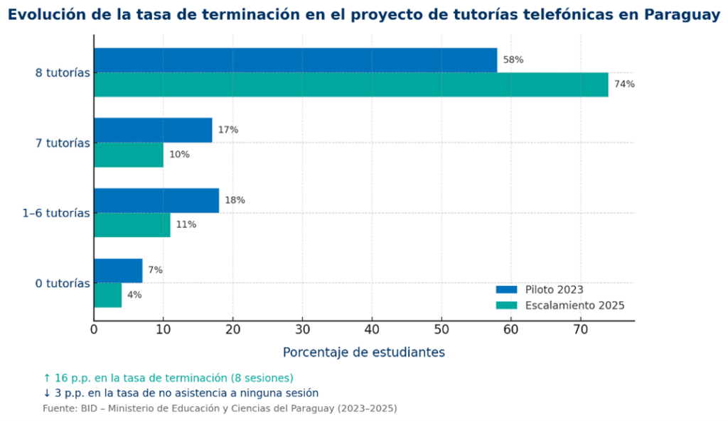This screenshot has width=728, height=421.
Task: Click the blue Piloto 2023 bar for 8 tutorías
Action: [x=295, y=60]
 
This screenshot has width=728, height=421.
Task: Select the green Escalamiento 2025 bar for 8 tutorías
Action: [x=350, y=84]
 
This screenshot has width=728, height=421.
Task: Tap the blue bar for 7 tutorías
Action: [x=153, y=130]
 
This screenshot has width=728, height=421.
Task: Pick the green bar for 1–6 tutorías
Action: [x=132, y=225]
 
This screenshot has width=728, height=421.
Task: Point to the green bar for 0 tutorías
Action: [x=107, y=295]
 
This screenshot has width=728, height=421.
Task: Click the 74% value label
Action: [x=624, y=84]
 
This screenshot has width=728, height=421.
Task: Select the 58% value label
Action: [x=513, y=60]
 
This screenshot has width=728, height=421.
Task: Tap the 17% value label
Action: [x=228, y=130]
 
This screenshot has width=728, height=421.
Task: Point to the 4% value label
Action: [x=134, y=295]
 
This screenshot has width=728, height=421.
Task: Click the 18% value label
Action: [x=235, y=200]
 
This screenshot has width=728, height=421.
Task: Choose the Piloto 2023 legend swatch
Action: [x=507, y=290]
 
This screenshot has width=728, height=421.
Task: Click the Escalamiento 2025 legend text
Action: [x=574, y=305]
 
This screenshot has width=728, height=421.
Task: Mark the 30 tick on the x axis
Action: [x=302, y=329]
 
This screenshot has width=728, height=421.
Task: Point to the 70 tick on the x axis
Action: [x=581, y=329]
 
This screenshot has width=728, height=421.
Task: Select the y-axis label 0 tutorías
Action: [x=63, y=283]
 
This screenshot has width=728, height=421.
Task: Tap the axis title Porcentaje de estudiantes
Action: [x=364, y=352]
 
